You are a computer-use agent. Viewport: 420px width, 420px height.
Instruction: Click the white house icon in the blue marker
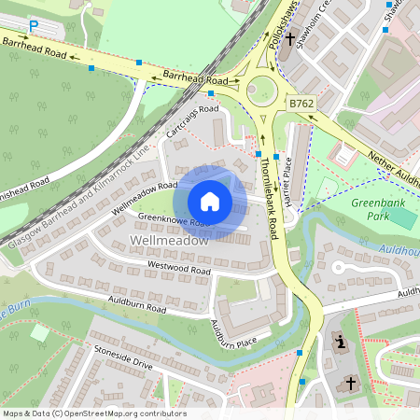tap(210, 202)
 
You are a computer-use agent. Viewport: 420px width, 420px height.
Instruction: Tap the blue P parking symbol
tap(34, 27)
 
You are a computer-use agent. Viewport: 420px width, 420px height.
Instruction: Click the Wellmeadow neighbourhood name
tap(170, 241)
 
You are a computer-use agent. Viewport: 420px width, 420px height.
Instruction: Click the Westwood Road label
tap(179, 269)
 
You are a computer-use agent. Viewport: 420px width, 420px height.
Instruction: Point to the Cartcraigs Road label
tap(191, 123)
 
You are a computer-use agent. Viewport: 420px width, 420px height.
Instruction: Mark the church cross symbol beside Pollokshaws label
tap(291, 40)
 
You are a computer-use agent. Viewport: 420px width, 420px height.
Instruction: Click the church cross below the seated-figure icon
tap(351, 383)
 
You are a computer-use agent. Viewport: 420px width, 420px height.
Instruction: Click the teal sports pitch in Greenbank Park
tap(402, 217)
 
